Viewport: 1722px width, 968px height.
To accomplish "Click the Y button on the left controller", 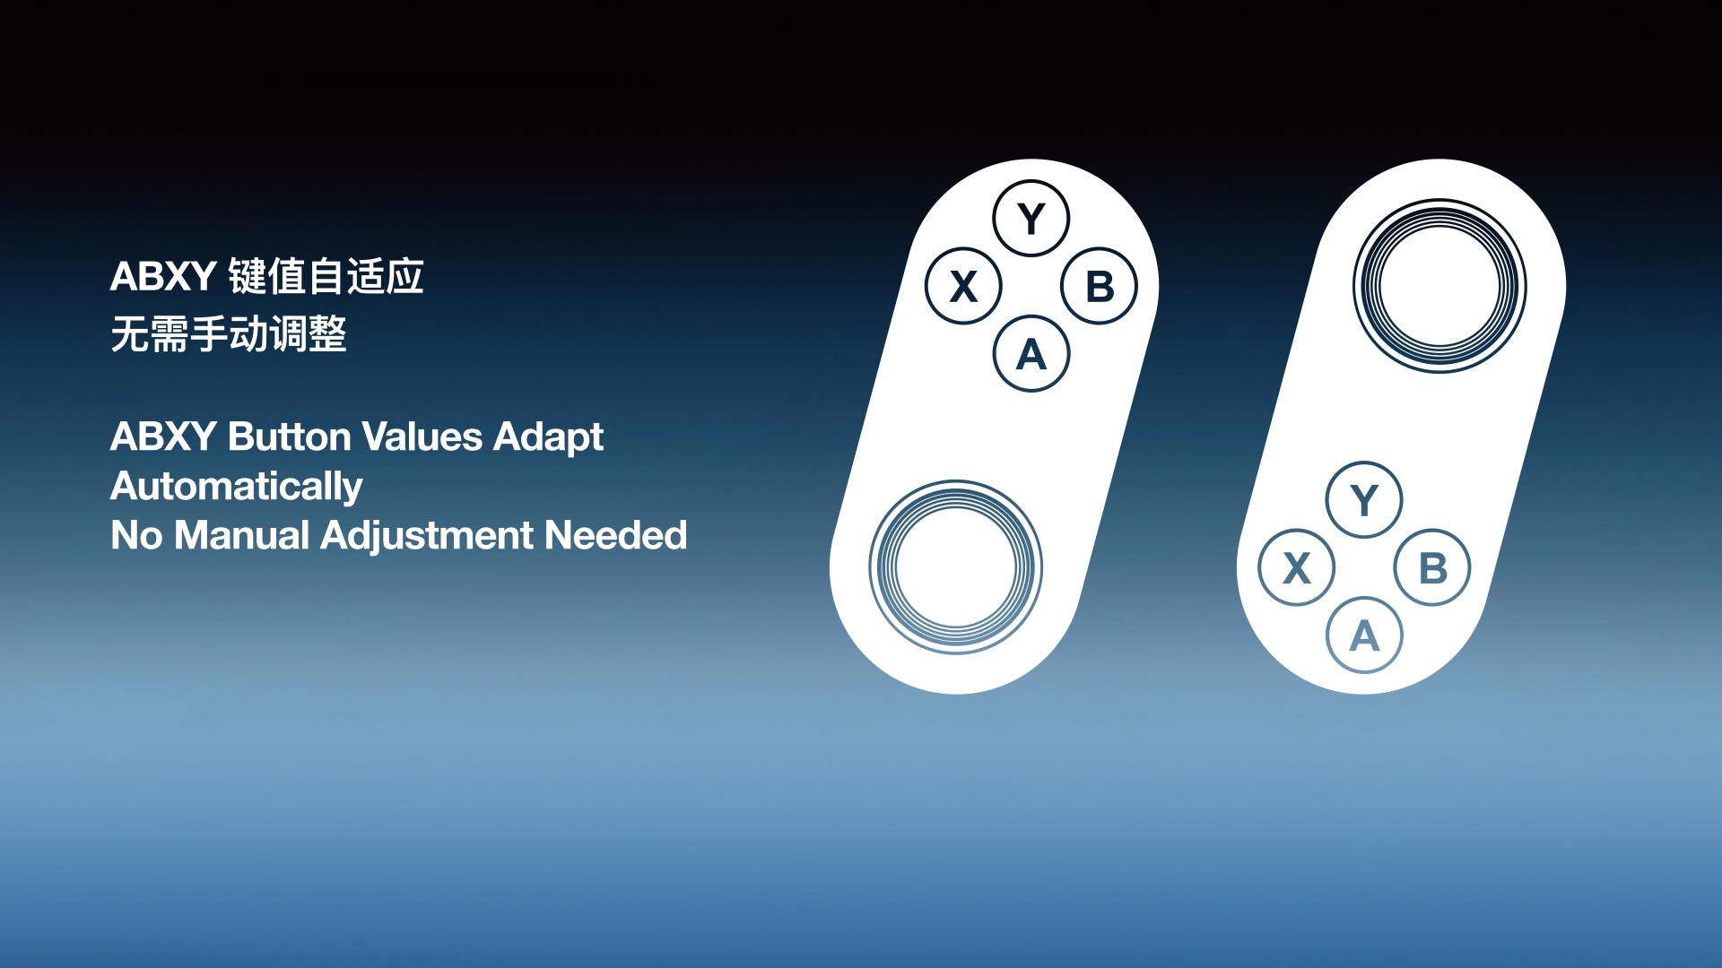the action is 1031,219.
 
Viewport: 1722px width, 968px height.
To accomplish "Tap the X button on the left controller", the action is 963,287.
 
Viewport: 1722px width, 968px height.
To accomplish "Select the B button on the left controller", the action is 1100,287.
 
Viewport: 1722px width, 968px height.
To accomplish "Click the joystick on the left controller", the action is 956,567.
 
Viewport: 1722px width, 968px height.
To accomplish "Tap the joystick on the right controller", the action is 1439,286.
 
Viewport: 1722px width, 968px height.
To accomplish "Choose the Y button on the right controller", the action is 1364,499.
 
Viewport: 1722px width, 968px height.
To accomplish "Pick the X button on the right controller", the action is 1296,567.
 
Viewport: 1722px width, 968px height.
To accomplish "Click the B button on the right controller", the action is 1432,567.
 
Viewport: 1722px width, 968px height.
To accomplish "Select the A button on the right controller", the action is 1364,635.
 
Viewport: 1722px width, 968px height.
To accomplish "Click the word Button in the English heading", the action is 289,436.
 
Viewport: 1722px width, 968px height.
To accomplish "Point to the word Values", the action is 422,436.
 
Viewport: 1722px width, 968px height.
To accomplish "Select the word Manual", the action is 242,535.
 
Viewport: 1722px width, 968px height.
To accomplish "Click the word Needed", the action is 615,535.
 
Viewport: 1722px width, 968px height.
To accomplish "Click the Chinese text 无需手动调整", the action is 229,334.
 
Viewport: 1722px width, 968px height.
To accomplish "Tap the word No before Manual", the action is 137,535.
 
